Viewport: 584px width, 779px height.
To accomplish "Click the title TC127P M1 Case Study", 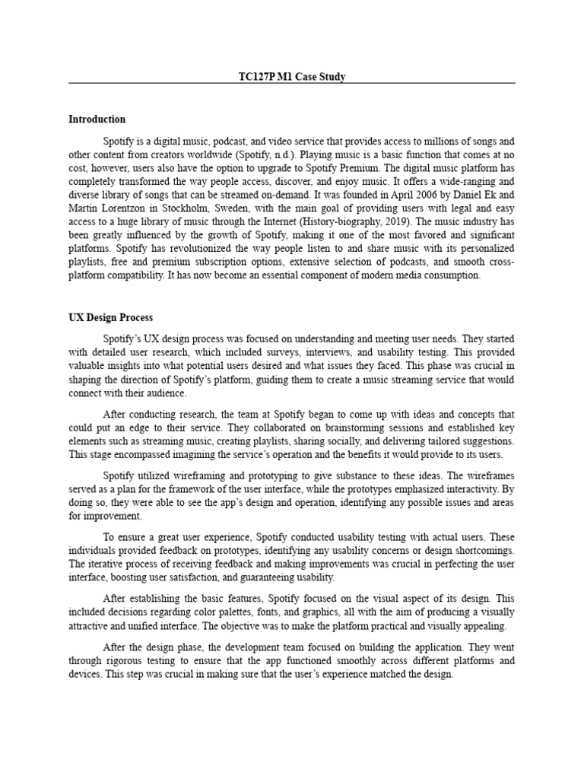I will pos(292,77).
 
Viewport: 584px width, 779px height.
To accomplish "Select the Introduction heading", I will pos(97,119).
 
